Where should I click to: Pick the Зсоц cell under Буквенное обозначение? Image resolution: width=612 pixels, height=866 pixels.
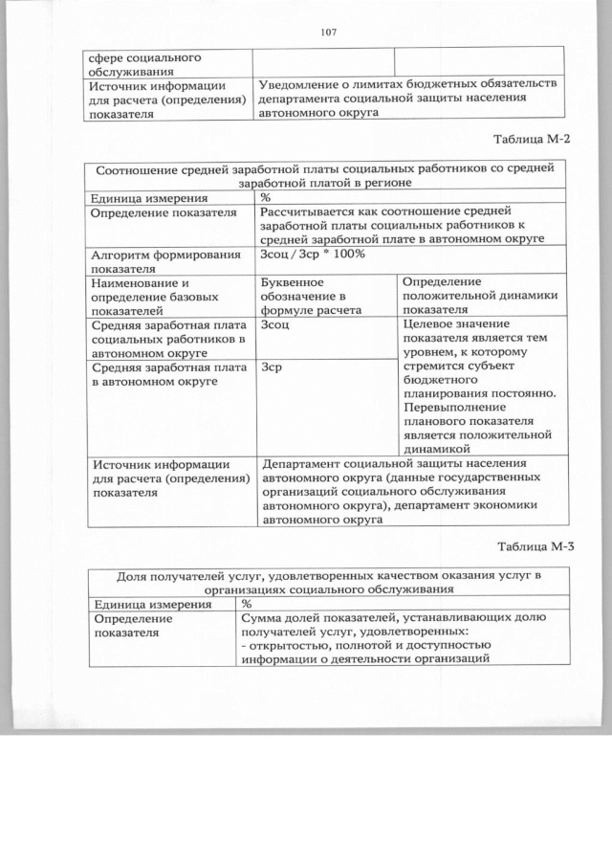[x=274, y=325]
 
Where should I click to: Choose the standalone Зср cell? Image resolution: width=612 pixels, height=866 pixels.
[x=271, y=366]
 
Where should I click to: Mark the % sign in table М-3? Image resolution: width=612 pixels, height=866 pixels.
[x=247, y=605]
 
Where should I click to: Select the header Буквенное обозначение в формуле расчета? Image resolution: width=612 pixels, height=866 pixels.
[x=310, y=297]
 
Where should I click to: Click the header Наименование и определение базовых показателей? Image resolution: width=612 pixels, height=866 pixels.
[x=153, y=297]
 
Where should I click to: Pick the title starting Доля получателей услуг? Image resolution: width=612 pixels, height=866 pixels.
[x=329, y=582]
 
